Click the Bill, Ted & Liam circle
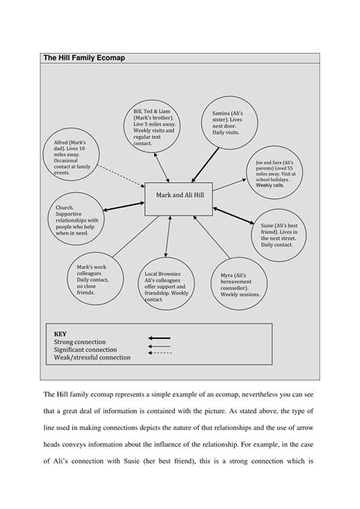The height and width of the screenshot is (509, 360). [153, 125]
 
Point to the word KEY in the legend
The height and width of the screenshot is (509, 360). [61, 334]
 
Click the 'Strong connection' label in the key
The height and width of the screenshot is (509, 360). [80, 342]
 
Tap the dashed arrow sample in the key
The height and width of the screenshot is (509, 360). [159, 353]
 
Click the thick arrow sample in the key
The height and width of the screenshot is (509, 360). [159, 338]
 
